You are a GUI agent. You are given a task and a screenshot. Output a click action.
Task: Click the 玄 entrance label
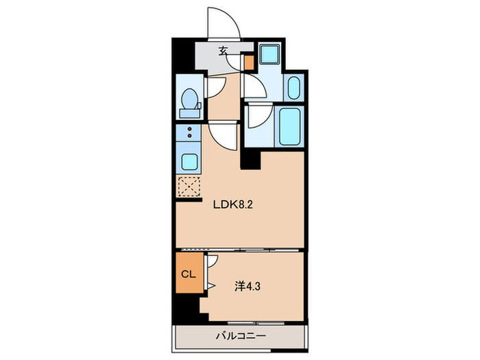coord(224,50)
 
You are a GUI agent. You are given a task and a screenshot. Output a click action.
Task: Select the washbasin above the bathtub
coord(293,88)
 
